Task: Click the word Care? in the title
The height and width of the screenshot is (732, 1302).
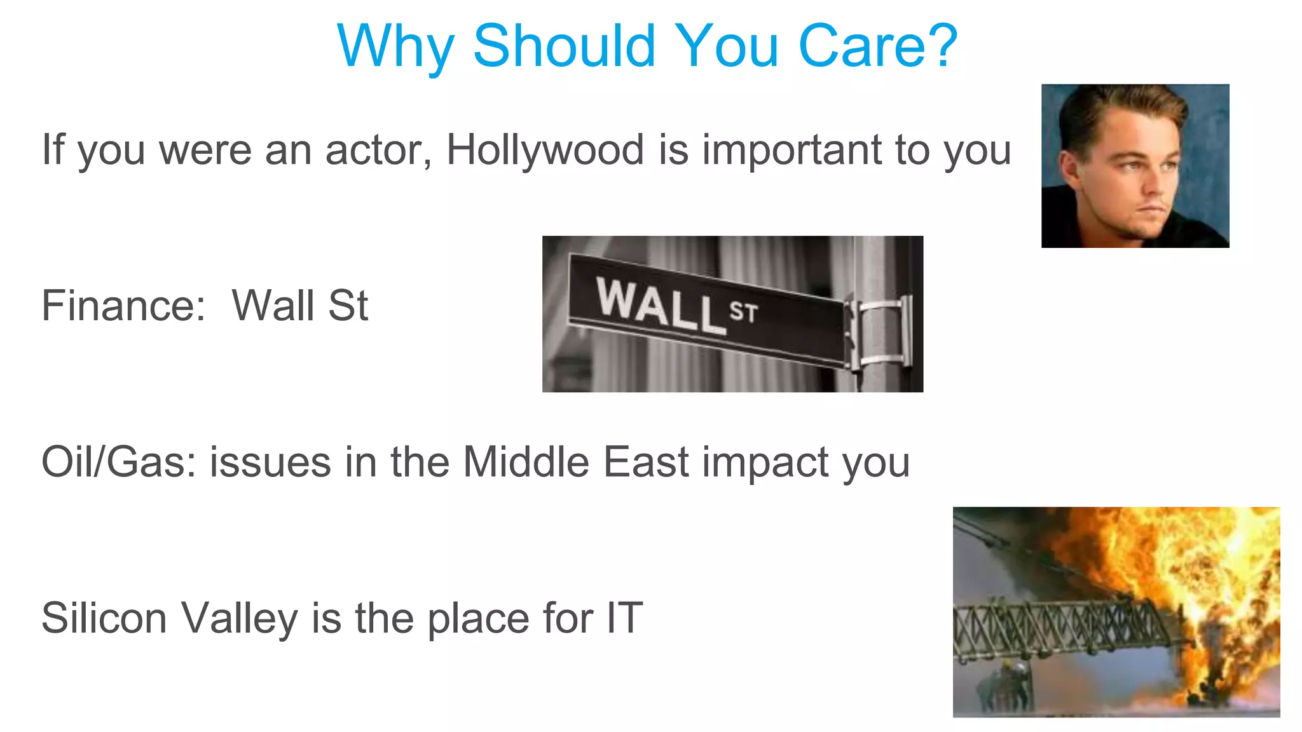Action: point(877,46)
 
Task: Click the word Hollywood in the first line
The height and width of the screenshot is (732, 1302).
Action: point(545,151)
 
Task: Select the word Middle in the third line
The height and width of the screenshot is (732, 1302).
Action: point(526,462)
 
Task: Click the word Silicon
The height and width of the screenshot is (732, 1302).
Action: point(104,618)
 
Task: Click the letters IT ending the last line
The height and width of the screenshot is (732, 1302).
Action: point(624,618)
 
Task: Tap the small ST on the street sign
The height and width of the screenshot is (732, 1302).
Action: point(743,312)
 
